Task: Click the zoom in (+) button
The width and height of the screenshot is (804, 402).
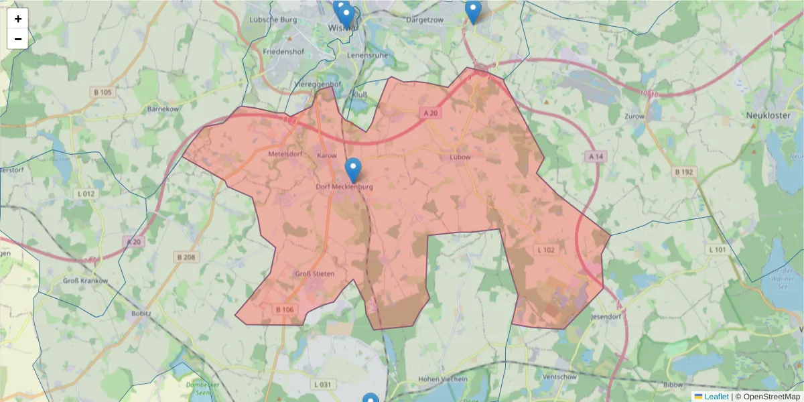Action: coord(18,19)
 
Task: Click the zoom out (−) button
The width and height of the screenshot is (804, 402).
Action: coord(18,39)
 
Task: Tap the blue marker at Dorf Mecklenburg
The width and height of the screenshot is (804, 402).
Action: coord(353,170)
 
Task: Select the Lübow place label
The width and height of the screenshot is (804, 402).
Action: coord(461,157)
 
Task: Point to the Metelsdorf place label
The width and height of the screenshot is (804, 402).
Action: coord(285,154)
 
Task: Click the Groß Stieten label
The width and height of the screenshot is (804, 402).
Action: coord(314,273)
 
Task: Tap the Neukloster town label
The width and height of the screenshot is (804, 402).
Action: coord(768,115)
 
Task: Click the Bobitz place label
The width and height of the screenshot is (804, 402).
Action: coord(141,313)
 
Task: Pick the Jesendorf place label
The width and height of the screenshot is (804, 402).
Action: coord(607,315)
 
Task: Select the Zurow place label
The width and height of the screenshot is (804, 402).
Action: coord(634,116)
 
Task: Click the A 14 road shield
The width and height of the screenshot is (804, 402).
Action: coord(595,156)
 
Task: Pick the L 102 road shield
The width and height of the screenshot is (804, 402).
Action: coord(547,250)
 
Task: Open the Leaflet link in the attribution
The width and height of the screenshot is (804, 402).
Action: coord(716,397)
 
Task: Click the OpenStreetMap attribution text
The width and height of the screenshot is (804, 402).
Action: coord(767,397)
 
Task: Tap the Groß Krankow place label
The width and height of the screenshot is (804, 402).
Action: coord(85,281)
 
